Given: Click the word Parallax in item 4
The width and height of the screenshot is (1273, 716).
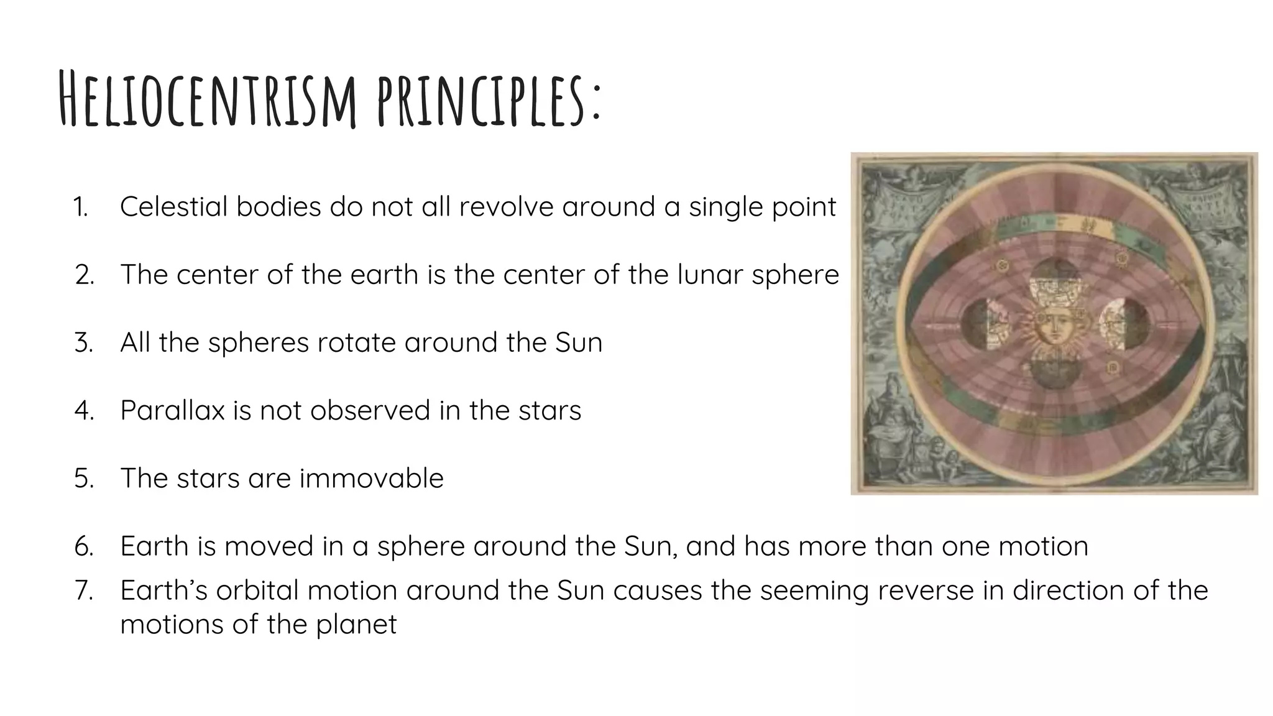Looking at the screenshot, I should coord(172,411).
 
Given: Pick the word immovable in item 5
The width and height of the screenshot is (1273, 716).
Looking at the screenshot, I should coord(371,479).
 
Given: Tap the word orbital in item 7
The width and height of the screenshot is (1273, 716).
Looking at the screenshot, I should coord(257,590).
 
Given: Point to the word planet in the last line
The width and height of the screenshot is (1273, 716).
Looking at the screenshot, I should coord(356,625).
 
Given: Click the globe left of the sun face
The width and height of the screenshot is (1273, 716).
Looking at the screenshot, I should coord(983,323).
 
